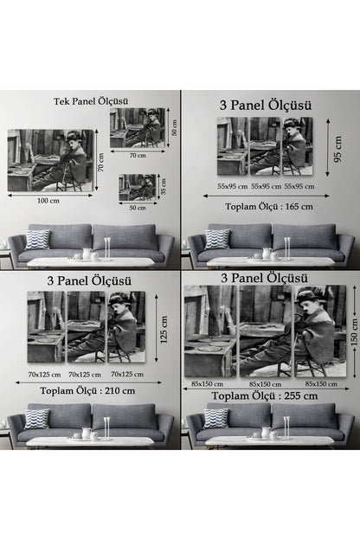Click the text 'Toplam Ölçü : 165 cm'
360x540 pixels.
tap(270, 207)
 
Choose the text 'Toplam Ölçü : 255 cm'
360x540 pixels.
tap(269, 395)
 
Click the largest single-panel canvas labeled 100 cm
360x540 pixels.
tap(50, 159)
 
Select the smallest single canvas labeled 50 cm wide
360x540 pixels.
tap(138, 188)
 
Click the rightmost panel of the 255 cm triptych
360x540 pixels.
tap(318, 331)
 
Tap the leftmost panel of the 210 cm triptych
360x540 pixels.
tap(45, 327)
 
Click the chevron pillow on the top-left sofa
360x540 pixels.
tap(36, 239)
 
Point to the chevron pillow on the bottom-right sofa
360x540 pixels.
tap(215, 418)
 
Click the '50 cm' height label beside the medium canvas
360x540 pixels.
tap(172, 127)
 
